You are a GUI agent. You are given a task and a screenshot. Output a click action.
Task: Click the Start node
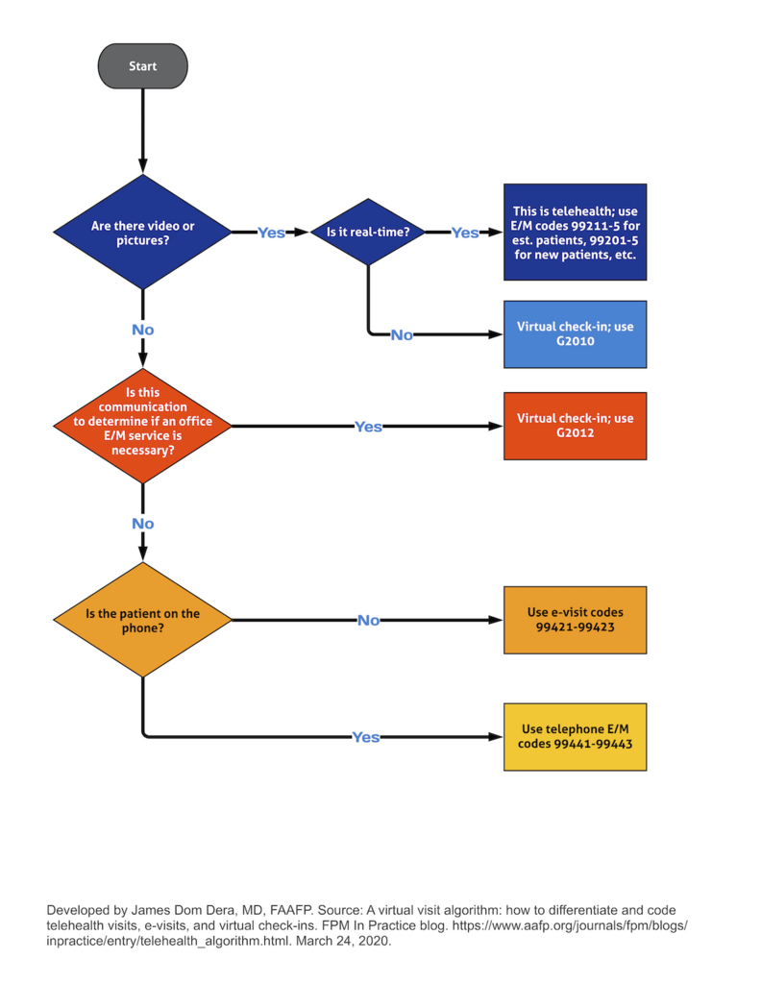tap(142, 66)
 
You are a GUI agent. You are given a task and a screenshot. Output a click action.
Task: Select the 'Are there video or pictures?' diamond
tap(142, 233)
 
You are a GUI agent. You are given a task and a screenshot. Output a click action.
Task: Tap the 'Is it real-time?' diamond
tap(368, 233)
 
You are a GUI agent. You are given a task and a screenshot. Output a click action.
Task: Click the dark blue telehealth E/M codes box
tap(575, 233)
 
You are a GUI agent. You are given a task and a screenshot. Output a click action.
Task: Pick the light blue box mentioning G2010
tap(575, 333)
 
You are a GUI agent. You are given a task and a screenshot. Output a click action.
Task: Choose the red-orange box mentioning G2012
tap(575, 426)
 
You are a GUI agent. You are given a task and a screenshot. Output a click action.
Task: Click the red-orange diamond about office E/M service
tap(142, 426)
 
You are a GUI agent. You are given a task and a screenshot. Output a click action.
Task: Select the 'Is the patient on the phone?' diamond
tap(142, 620)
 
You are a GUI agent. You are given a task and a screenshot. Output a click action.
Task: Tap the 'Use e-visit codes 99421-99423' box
tap(575, 620)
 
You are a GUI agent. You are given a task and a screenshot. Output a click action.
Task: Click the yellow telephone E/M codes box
tap(575, 736)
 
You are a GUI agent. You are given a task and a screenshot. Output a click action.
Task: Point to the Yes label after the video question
tap(271, 233)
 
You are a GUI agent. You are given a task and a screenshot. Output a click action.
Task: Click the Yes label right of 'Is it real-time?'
tap(465, 233)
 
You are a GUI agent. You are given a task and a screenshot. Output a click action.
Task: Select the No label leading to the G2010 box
tap(402, 334)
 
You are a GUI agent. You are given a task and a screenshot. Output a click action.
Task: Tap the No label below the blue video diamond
tap(142, 330)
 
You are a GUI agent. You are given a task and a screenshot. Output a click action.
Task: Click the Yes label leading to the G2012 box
tap(368, 426)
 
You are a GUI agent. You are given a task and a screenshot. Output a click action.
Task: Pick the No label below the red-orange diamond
tap(142, 524)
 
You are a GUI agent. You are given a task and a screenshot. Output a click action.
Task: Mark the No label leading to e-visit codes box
tap(368, 620)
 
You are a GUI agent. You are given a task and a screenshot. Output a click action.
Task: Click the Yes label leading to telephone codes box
tap(366, 737)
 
